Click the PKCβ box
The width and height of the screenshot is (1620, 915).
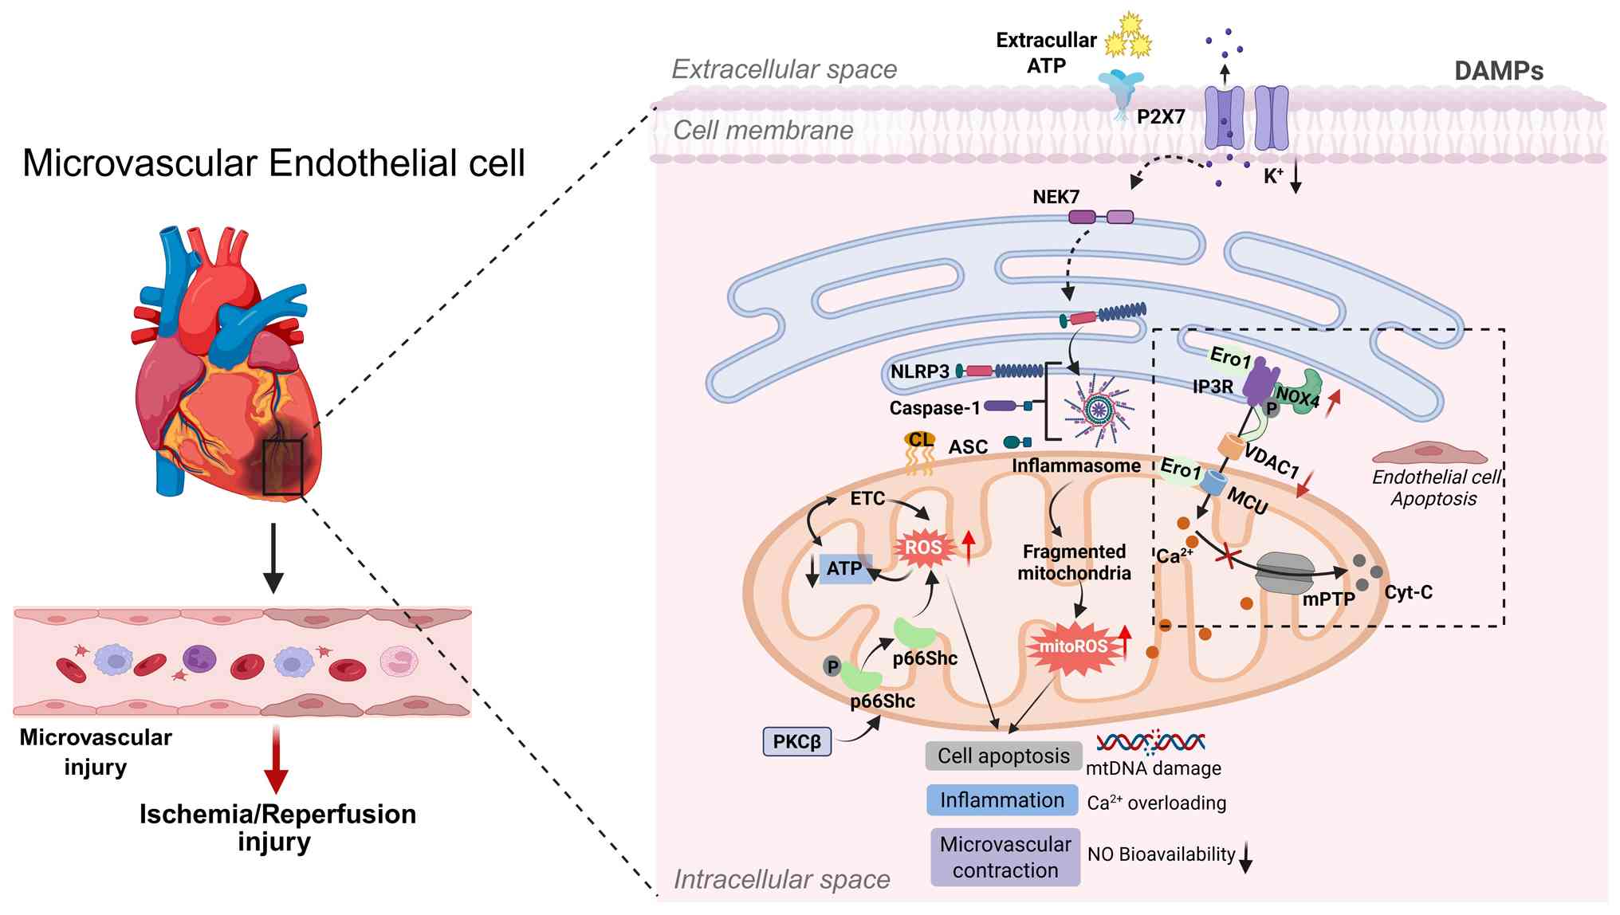(796, 741)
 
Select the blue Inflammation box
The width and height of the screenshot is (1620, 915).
(1002, 800)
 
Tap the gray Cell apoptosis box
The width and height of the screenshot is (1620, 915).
(1003, 756)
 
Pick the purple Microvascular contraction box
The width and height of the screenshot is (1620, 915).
(1005, 857)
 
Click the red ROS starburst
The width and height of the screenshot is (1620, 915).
(923, 548)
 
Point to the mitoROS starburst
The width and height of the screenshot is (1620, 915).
(1073, 646)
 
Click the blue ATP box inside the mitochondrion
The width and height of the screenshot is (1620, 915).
(844, 568)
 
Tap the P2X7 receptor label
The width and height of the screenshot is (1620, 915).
(1160, 116)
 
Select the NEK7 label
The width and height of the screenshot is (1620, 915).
(1056, 197)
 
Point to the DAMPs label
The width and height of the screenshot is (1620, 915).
(1498, 71)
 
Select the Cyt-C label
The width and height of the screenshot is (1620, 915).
(1408, 592)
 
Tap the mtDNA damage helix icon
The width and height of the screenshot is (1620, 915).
(1150, 743)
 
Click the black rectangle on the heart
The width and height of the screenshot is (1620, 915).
(283, 467)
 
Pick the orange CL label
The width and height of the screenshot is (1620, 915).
(921, 439)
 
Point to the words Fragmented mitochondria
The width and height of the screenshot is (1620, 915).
(1074, 562)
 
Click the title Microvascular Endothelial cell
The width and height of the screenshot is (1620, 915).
(273, 163)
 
